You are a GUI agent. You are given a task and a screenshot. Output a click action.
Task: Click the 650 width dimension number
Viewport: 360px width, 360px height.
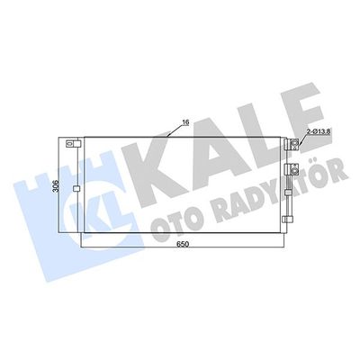182,245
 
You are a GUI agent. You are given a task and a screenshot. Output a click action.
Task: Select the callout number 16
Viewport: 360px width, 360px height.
185,122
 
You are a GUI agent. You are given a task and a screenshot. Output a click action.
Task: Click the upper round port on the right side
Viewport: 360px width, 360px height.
295,143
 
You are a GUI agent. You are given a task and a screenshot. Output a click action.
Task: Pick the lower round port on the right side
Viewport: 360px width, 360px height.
295,171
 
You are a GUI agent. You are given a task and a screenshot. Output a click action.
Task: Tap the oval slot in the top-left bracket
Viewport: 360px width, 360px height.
70,144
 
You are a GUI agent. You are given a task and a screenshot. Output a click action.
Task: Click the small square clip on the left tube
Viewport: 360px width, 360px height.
76,189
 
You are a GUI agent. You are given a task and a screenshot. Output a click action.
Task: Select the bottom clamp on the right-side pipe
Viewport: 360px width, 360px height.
288,220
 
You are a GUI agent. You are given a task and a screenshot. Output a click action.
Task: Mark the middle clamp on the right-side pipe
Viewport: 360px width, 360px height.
288,193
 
